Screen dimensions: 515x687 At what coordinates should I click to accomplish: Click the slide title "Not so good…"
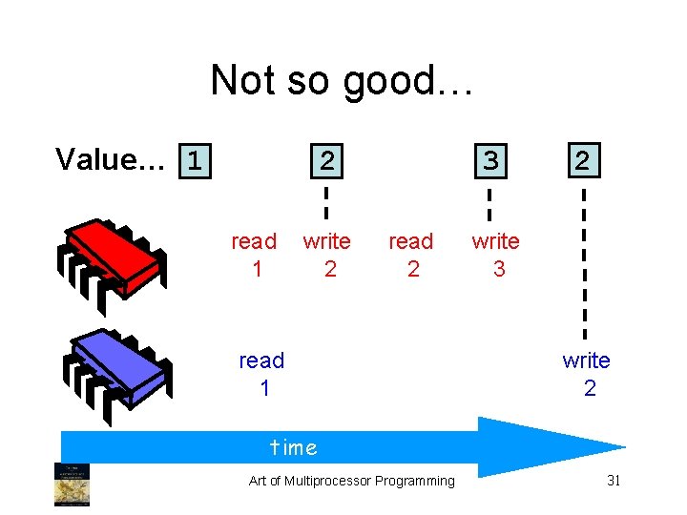(342, 80)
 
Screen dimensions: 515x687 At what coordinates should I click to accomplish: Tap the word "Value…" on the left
(111, 159)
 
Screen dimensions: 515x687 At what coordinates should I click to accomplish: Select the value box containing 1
(196, 159)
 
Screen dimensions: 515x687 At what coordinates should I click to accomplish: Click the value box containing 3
(489, 160)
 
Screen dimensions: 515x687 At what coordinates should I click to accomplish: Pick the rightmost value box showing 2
(581, 159)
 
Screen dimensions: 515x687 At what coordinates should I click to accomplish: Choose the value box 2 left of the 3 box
(326, 160)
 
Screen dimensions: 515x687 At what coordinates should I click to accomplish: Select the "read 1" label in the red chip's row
(255, 255)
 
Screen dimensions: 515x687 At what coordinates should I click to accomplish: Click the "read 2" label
(411, 255)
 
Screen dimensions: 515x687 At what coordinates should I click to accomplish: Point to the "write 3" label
(496, 255)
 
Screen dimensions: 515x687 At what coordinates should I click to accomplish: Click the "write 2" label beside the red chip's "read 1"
(327, 255)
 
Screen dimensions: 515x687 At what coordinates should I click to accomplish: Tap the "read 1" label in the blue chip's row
(262, 374)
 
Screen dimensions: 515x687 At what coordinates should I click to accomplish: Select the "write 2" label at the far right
(587, 374)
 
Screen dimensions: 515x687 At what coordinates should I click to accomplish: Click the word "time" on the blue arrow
(294, 446)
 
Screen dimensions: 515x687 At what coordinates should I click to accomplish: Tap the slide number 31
(614, 481)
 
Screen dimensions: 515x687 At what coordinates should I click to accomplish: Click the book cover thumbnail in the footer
(73, 484)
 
